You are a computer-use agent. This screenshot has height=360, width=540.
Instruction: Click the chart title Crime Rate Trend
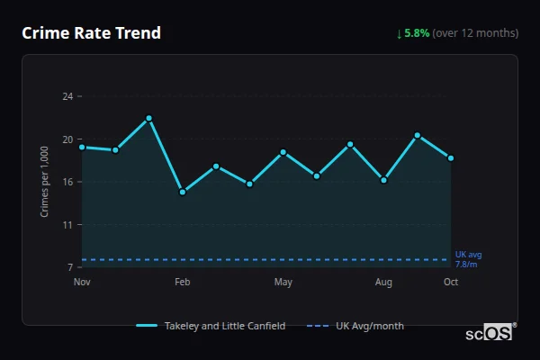coord(91,33)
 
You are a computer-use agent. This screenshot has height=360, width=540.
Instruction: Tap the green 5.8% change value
coord(417,33)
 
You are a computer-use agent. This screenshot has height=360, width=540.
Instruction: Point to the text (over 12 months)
coord(475,33)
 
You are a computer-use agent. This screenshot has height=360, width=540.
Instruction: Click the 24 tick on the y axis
coord(67,95)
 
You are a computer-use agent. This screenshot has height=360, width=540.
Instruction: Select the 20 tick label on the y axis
coord(67,139)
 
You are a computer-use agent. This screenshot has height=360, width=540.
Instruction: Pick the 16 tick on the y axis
coord(67,182)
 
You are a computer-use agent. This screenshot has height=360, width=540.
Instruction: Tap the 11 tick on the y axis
coord(67,225)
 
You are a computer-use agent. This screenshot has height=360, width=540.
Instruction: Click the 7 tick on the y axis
coord(70,267)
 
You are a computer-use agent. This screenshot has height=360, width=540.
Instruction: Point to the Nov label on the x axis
coord(82,283)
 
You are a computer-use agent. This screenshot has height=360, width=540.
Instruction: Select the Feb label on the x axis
coord(183,283)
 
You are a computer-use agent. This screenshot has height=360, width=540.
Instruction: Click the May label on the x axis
coord(283,283)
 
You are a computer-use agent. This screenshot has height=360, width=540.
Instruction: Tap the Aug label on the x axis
coord(383,283)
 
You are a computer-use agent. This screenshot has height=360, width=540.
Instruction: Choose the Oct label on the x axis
coord(451,283)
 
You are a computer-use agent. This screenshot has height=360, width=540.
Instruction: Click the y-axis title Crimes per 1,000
coord(45,181)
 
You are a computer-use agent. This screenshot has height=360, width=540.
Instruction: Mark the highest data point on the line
coord(149,118)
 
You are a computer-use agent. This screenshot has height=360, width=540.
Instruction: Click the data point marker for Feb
coord(183,192)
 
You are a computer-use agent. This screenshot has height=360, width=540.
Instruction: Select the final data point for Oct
coord(451,158)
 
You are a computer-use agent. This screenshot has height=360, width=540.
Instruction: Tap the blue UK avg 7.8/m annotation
coord(468,259)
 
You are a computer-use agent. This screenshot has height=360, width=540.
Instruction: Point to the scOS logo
coord(490,332)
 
